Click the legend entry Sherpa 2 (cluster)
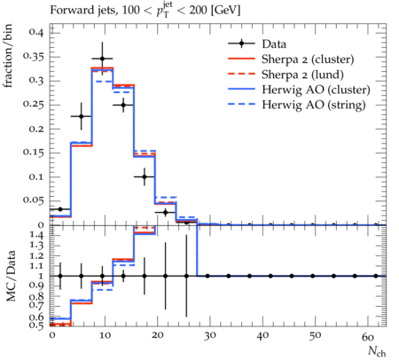(x=308, y=59)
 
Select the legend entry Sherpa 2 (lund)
(x=302, y=74)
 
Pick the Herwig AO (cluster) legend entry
(x=316, y=90)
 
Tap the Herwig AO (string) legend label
(x=314, y=105)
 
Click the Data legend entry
(x=274, y=44)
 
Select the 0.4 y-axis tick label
(x=36, y=32)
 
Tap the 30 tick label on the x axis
(x=210, y=336)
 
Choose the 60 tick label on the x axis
(x=368, y=337)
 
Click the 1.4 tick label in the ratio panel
(x=36, y=236)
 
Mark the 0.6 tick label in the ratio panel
(x=36, y=317)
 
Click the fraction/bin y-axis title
(x=8, y=56)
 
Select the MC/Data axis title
(x=11, y=276)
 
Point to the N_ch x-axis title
(x=377, y=352)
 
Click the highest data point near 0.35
(x=102, y=59)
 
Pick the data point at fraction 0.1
(x=145, y=177)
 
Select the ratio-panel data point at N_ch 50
(x=313, y=276)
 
